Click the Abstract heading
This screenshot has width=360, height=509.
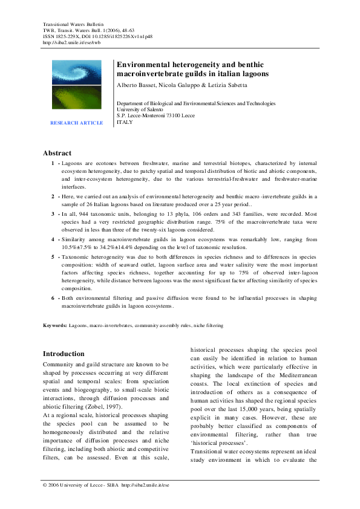click(x=57, y=153)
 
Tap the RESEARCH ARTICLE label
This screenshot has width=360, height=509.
click(x=76, y=123)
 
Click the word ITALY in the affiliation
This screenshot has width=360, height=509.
click(x=124, y=122)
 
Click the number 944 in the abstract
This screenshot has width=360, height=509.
click(x=87, y=214)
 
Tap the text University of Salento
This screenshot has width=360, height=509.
click(x=139, y=109)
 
